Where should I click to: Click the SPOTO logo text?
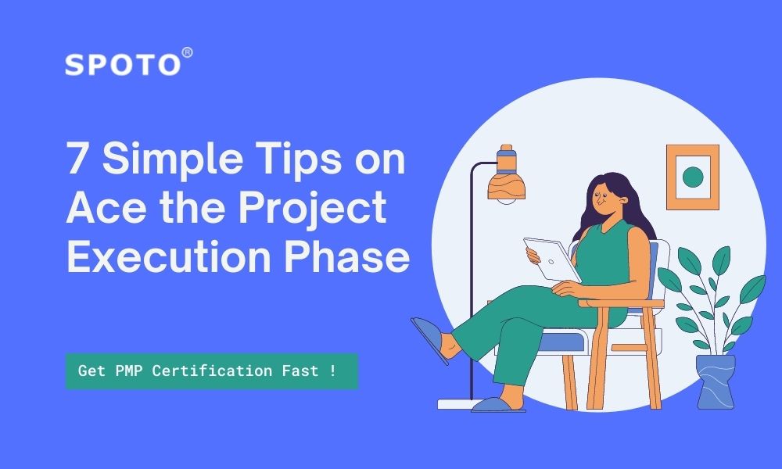coord(123,65)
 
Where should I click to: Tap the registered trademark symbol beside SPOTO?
coord(187,53)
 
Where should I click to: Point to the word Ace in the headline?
coord(106,207)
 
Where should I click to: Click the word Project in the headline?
coord(313,209)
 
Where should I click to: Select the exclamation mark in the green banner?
coord(332,371)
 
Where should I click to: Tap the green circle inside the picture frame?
coord(693,177)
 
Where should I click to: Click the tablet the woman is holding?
coord(551,260)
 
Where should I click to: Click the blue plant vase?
coord(716,381)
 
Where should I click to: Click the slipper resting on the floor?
coord(497,405)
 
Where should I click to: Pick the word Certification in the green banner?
coord(212,371)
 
